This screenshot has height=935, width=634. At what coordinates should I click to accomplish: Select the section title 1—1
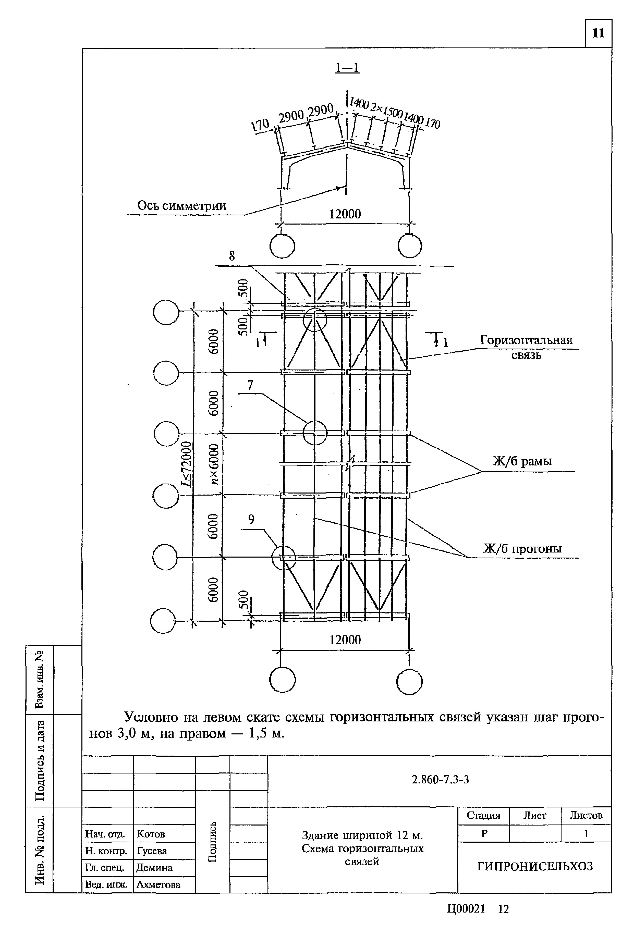[347, 67]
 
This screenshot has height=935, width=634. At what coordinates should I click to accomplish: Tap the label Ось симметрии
[181, 206]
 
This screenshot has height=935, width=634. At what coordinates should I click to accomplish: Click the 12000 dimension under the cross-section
[345, 214]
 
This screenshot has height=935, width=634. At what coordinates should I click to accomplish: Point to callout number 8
[232, 256]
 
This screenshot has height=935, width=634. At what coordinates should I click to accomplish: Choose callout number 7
[250, 385]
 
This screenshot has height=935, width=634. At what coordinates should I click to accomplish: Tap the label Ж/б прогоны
[522, 548]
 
